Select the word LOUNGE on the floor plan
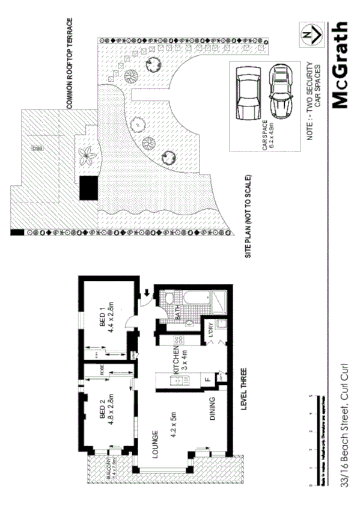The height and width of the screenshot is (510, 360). click(x=155, y=444)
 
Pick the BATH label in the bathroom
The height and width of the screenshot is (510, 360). click(x=178, y=313)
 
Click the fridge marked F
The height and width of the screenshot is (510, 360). click(x=207, y=379)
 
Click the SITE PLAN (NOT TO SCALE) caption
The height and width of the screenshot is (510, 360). click(x=248, y=217)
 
